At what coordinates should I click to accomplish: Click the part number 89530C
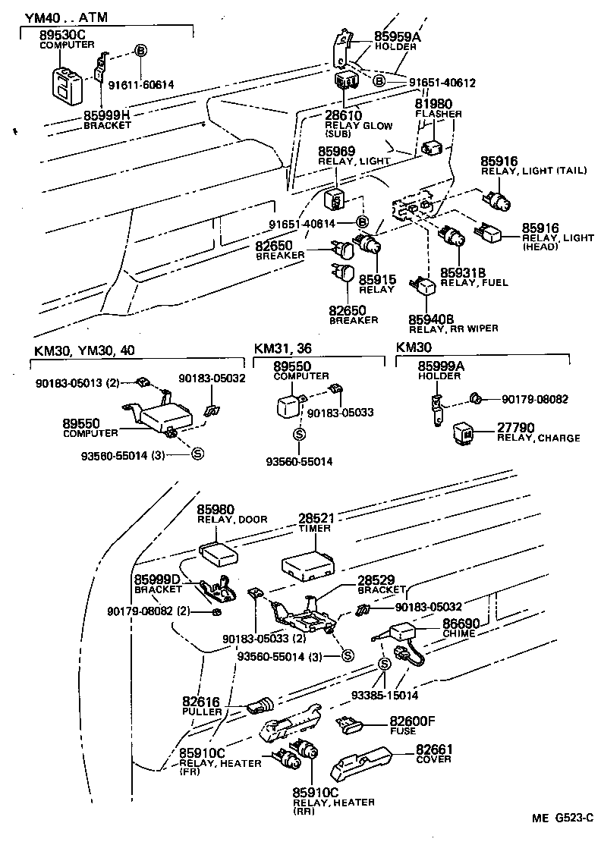click(x=65, y=35)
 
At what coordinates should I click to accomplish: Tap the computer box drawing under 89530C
click(x=67, y=83)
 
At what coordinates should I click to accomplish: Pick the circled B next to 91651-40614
click(x=362, y=222)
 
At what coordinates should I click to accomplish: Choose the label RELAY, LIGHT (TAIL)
click(x=533, y=171)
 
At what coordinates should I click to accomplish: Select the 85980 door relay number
click(x=216, y=509)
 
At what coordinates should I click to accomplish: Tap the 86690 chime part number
click(x=464, y=623)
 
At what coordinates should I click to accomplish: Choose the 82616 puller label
click(x=202, y=702)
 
